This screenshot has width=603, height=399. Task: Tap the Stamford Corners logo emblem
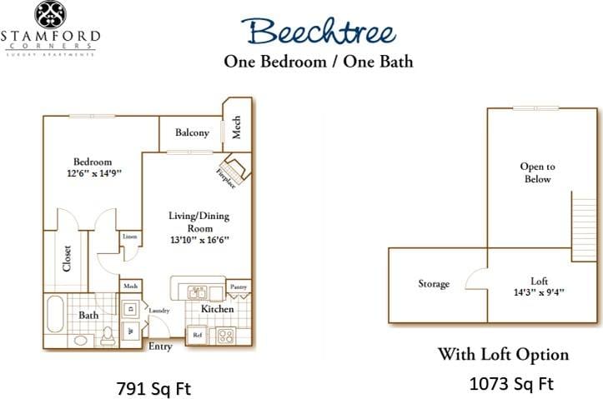(50, 15)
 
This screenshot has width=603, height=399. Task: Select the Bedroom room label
(93, 162)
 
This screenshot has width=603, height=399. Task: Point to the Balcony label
(192, 133)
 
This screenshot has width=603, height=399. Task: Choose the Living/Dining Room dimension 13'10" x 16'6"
(198, 240)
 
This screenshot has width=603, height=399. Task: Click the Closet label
(67, 257)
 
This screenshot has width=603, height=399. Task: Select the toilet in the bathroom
(108, 336)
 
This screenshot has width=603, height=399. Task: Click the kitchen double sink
(198, 292)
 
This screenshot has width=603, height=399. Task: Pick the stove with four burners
(225, 337)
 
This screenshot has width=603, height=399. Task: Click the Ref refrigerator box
(198, 336)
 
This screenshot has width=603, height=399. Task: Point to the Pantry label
(239, 287)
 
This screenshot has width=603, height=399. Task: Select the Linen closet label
(129, 237)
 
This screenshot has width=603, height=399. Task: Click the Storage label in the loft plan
(434, 284)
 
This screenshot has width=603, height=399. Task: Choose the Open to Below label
(537, 172)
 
